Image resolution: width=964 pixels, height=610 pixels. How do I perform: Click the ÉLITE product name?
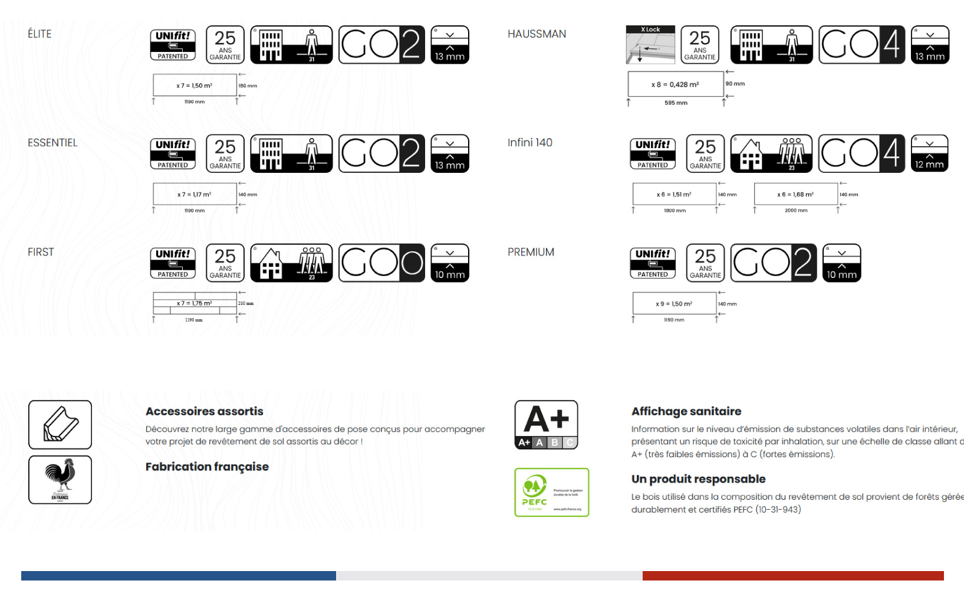click(40, 34)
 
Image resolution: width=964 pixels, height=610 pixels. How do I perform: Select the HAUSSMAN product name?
click(537, 34)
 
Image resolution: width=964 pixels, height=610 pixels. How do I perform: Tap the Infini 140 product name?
click(529, 143)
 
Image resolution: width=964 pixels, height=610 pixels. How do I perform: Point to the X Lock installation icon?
click(650, 45)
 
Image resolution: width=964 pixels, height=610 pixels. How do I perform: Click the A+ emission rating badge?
click(546, 425)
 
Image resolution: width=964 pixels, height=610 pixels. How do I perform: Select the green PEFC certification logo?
click(551, 492)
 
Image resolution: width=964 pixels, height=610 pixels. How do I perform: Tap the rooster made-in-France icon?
click(60, 480)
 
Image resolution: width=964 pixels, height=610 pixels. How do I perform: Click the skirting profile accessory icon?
click(60, 425)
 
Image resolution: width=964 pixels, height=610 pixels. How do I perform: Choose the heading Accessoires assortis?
click(204, 411)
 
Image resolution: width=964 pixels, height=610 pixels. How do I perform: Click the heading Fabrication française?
click(207, 467)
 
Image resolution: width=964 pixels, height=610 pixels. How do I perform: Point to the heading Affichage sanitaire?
click(686, 411)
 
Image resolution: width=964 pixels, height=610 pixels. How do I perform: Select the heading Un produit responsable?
click(698, 479)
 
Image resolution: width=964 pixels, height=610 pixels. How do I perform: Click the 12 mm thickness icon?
click(929, 153)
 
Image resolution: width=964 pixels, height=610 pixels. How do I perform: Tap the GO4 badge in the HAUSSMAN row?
click(861, 45)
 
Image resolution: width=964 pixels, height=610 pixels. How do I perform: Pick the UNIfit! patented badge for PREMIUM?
click(653, 263)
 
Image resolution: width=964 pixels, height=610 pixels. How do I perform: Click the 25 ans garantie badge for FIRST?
click(225, 263)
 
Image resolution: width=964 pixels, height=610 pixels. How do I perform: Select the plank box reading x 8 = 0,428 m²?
click(675, 84)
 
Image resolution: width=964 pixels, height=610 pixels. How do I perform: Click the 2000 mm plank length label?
click(796, 211)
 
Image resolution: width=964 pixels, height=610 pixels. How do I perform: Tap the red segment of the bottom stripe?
click(792, 576)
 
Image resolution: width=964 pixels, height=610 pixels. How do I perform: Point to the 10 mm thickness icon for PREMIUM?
click(841, 263)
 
